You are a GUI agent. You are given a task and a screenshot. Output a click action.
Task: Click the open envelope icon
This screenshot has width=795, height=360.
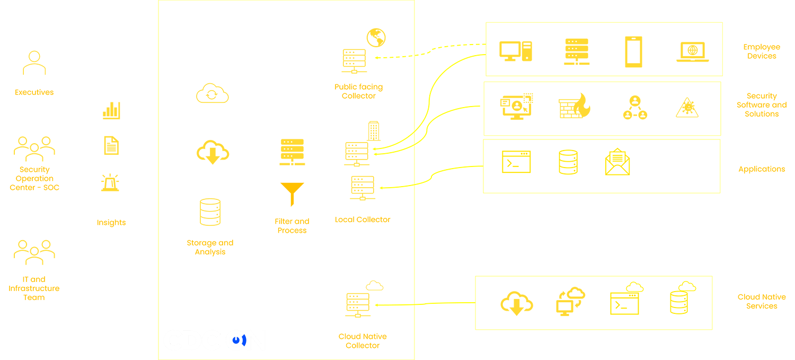pos(617,162)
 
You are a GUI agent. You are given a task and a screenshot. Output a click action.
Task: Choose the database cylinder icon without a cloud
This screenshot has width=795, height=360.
pos(568,162)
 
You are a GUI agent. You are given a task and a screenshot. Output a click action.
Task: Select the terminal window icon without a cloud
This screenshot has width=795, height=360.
pos(516,162)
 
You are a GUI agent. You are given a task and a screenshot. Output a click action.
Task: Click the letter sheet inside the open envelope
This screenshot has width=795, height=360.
pos(617,157)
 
